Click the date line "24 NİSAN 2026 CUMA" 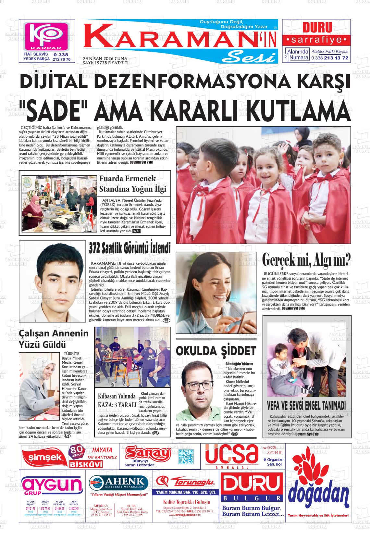96,58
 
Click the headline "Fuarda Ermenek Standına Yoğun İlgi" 132,183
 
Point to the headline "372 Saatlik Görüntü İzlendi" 129,248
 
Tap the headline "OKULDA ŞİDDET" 216,351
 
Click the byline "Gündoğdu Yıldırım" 239,364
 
